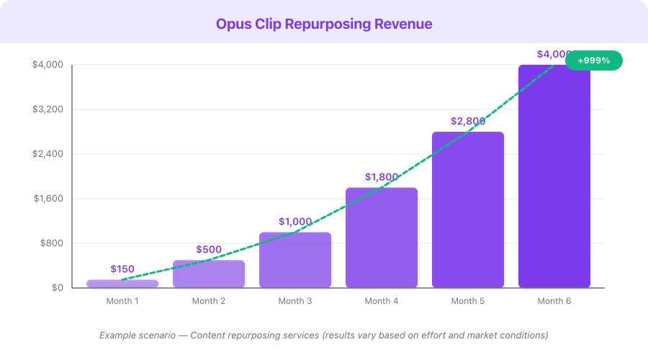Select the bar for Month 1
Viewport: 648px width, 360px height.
122,284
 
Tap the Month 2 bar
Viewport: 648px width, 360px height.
209,274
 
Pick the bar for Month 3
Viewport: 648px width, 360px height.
295,260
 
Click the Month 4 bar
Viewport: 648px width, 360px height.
382,238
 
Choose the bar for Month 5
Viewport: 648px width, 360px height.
468,210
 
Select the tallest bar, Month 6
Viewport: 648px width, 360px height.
554,176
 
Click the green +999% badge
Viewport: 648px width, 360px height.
593,60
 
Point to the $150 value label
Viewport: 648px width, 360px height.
122,269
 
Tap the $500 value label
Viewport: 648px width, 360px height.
209,250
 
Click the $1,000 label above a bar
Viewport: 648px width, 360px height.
295,222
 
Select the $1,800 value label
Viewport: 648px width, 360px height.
382,177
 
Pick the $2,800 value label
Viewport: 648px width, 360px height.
468,121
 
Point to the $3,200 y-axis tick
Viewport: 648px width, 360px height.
48,109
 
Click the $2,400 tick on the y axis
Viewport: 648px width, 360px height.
48,154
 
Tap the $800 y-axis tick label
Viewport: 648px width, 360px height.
53,243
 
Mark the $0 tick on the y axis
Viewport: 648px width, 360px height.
57,288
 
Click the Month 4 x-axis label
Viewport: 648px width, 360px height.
382,301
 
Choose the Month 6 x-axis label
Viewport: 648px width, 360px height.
554,301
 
